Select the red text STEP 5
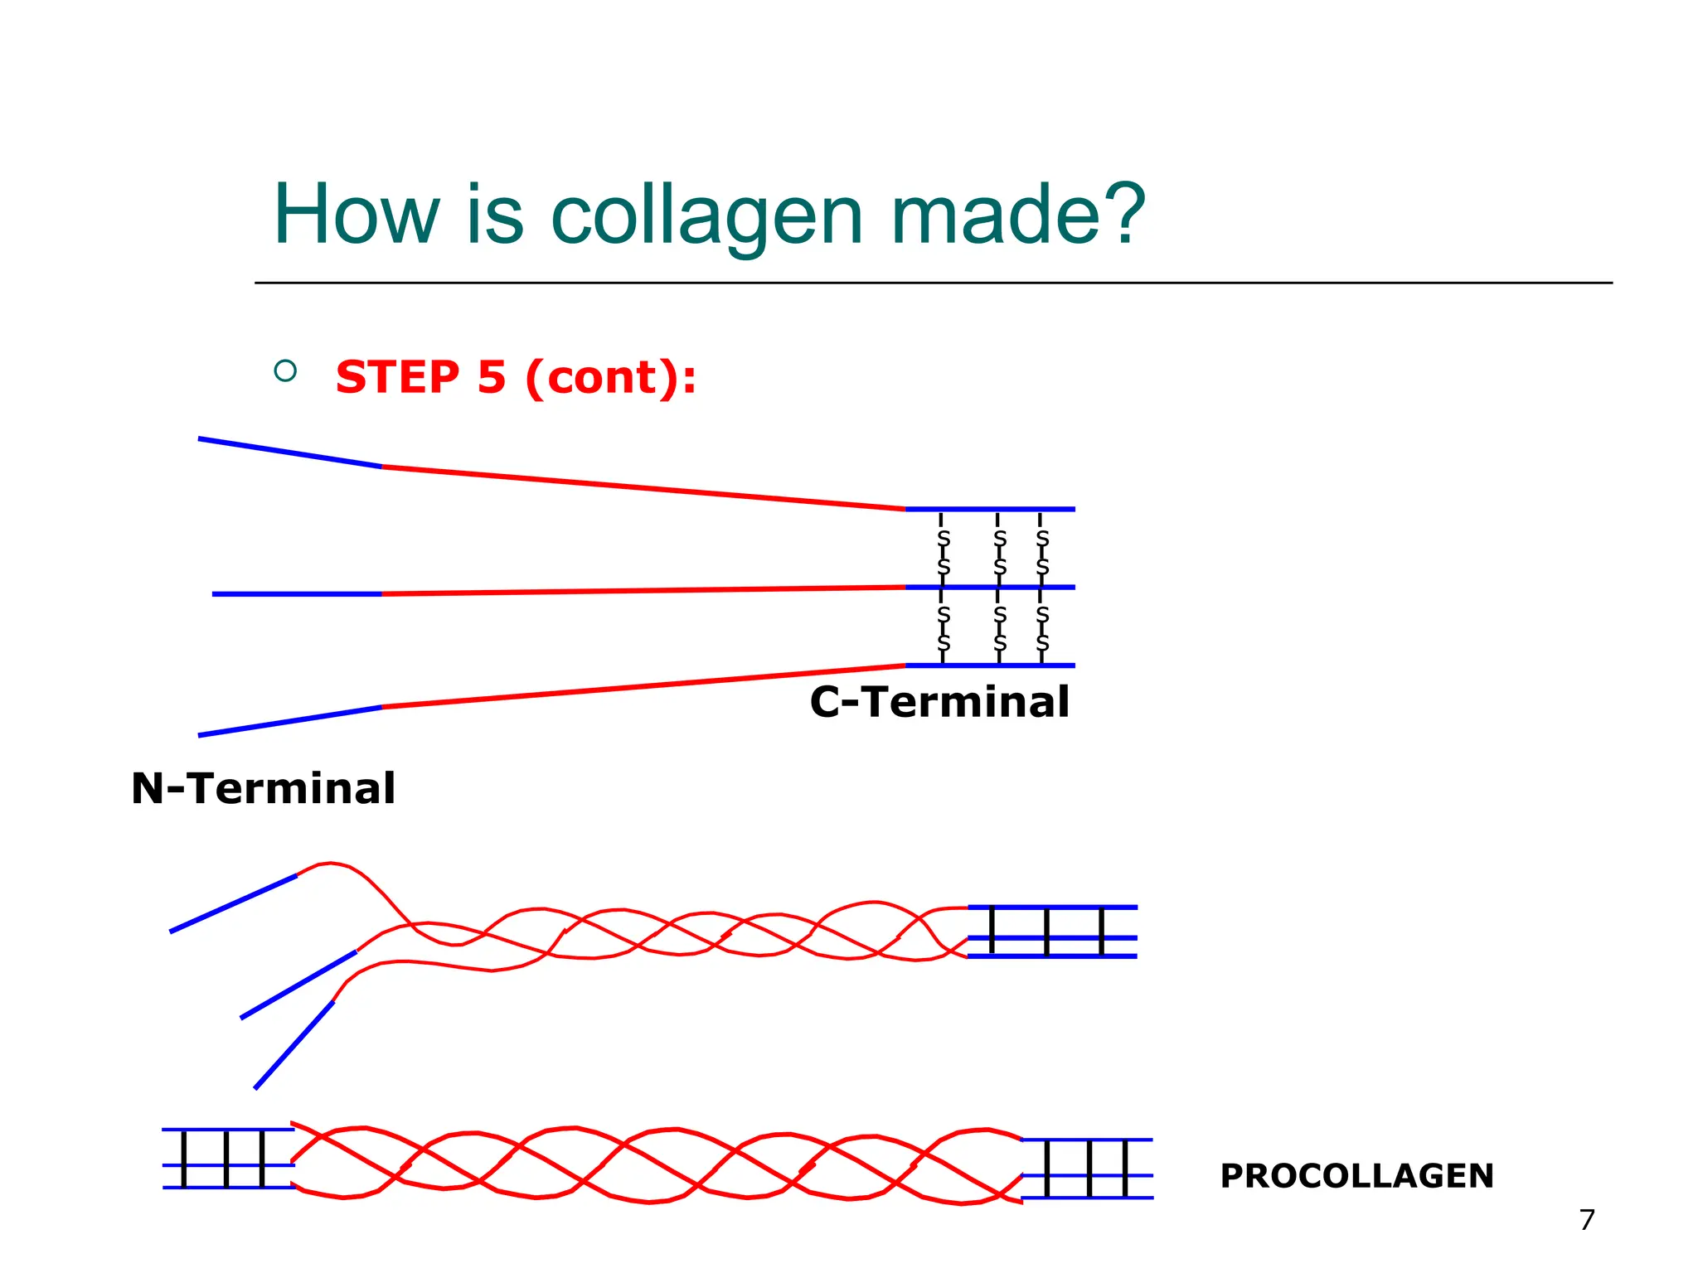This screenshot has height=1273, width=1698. point(420,378)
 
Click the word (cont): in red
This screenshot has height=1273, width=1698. point(611,378)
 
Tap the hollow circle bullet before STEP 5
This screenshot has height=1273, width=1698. point(285,370)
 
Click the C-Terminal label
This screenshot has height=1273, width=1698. point(939,702)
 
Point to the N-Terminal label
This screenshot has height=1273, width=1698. point(264,788)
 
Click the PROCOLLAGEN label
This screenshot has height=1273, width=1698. point(1356,1176)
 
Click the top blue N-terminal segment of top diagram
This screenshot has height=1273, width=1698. point(290,453)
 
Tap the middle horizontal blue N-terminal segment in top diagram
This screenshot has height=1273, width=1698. point(297,594)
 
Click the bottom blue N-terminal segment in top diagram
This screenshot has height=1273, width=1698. point(290,721)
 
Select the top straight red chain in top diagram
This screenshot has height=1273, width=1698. point(643,488)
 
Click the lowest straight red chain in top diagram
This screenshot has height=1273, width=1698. point(643,686)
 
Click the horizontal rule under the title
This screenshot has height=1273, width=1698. point(933,283)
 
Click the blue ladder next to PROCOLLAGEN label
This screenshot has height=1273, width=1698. point(1087,1169)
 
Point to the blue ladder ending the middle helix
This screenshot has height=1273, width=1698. point(1051,932)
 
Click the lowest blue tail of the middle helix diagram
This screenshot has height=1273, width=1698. point(294,1045)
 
